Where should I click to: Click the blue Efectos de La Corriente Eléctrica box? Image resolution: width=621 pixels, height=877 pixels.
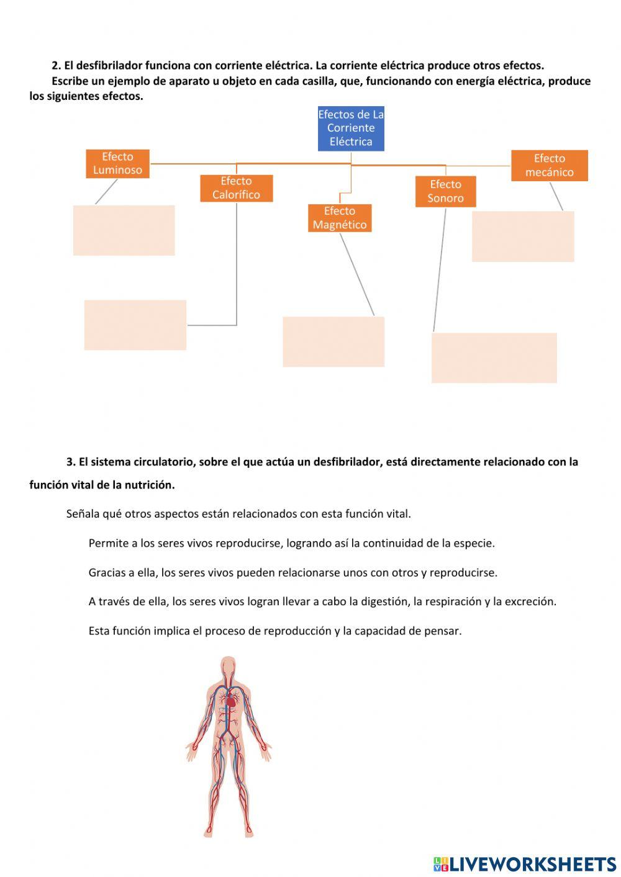pos(351,128)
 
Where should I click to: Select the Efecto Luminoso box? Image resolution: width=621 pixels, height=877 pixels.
pos(117,163)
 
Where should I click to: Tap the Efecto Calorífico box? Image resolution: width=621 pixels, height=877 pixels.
pos(236,188)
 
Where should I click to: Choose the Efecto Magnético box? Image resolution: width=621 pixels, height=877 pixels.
pos(340,218)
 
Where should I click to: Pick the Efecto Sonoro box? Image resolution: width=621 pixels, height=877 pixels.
pos(445,191)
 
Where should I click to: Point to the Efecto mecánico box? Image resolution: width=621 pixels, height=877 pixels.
pos(549,165)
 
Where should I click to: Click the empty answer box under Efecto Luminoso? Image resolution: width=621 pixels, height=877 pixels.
pos(124,230)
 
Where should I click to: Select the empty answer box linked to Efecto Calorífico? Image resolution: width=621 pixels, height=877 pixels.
pos(135,325)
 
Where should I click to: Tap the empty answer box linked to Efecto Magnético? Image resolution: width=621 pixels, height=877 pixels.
pos(333,341)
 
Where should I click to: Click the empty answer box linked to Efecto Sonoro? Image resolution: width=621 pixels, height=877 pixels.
pos(494,358)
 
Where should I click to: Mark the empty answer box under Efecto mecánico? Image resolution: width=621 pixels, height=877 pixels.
pos(523,236)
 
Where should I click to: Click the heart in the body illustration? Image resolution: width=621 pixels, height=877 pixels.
pos(231,701)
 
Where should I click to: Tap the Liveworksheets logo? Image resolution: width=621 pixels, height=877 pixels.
pos(524,864)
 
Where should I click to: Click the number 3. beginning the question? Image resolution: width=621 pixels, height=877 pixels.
pos(71,462)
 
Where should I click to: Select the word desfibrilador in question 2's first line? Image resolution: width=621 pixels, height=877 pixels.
pos(109,65)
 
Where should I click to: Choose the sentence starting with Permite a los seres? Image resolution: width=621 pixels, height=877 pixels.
pos(291,543)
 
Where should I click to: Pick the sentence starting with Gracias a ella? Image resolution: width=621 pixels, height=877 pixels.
pos(292,572)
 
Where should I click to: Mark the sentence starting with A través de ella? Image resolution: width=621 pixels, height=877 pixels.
pos(322,601)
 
